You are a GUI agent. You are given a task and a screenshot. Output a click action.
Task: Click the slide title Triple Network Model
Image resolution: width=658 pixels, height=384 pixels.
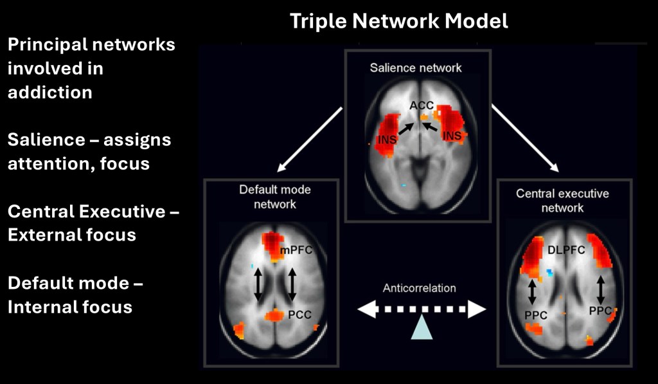(x=398, y=21)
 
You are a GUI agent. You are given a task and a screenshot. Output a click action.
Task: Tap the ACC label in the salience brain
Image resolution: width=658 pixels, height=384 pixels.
(x=422, y=105)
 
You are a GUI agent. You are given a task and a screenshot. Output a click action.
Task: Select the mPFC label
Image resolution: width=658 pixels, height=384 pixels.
(x=296, y=250)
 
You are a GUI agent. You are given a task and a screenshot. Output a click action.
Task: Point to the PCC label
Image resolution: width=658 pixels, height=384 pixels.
(x=300, y=316)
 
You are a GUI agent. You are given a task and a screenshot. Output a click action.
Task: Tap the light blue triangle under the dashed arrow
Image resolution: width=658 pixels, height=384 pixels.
(x=422, y=327)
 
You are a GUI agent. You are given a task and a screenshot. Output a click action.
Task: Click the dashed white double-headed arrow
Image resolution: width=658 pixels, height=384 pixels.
(x=422, y=310)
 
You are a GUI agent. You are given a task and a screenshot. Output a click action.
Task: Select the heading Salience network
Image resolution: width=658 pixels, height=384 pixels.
(x=416, y=68)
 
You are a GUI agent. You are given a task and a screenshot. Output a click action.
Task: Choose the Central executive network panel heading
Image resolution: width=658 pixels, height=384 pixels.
(x=562, y=200)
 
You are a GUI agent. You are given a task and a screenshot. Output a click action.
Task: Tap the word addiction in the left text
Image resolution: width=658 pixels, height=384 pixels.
(x=49, y=92)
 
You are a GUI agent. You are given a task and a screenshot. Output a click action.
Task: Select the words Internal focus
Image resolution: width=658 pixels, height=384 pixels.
(x=69, y=307)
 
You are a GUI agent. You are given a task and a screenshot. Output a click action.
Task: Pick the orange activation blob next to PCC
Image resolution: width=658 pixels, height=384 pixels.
(x=274, y=315)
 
